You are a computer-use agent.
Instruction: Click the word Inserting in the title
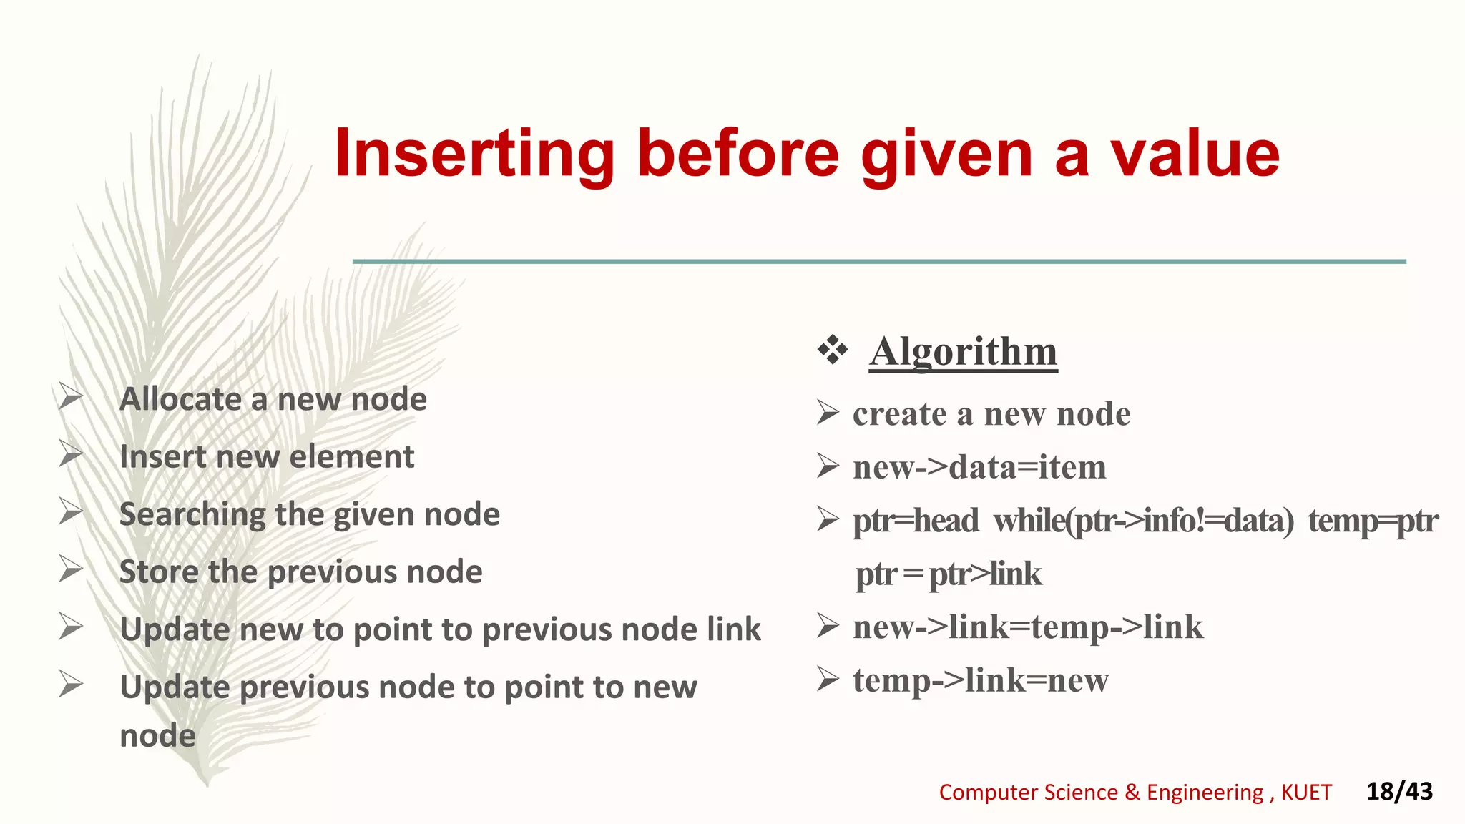474,154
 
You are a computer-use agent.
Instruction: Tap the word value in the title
1195,154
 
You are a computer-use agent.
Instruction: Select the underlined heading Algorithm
963,352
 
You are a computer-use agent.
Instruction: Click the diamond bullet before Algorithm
833,350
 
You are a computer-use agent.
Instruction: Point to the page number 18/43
1399,791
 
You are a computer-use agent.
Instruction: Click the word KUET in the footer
1306,793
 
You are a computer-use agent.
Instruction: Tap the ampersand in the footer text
1132,793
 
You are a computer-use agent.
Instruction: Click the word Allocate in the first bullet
181,399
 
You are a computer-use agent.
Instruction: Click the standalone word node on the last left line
157,736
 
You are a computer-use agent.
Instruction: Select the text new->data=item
979,468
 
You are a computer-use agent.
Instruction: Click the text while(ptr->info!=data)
1143,521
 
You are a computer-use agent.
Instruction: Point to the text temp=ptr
1372,521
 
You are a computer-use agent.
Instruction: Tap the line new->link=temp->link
1027,627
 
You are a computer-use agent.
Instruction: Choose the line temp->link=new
980,680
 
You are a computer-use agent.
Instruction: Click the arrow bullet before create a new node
828,413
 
